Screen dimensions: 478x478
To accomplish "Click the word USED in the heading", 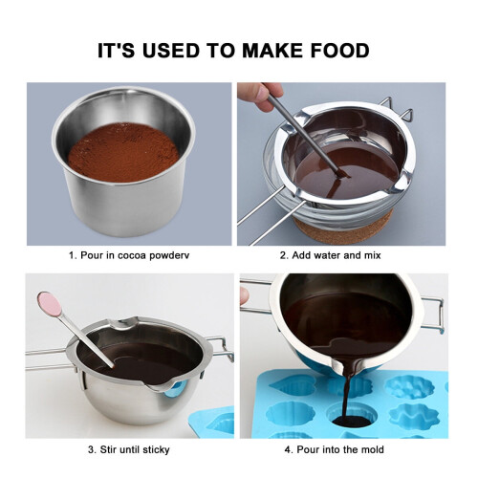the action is click(170, 51).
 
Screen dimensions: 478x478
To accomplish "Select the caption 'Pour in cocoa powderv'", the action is click(135, 255).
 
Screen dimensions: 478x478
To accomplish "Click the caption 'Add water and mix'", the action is click(337, 255).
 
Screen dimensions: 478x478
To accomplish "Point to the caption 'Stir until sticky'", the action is click(135, 449).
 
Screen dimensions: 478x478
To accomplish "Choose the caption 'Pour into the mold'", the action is click(340, 449).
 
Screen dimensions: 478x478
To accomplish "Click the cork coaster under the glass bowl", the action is click(344, 228).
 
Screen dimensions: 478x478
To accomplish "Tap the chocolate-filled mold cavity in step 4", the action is click(351, 420).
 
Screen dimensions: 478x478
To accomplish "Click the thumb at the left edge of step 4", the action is click(245, 295).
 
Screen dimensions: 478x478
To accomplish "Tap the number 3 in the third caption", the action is click(91, 449).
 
